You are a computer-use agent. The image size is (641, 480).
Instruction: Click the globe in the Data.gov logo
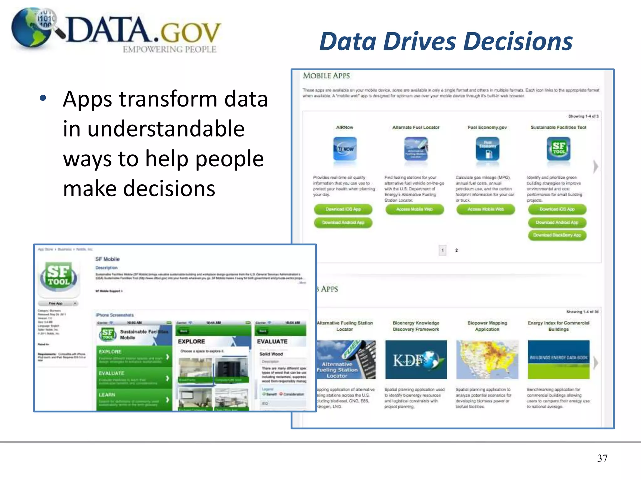[x=31, y=28]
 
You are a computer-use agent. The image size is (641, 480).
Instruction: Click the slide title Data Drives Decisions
[x=446, y=42]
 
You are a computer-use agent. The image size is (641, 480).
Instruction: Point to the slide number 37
[x=602, y=458]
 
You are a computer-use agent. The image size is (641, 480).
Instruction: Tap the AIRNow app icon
[x=345, y=149]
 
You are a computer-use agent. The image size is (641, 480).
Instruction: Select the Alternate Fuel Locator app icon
[x=416, y=149]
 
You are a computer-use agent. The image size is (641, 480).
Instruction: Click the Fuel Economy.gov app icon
[x=487, y=149]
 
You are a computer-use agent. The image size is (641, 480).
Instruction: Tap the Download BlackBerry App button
[x=557, y=235]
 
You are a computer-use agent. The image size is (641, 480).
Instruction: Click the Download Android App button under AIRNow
[x=343, y=222]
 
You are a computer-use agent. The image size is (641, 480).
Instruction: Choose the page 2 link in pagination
[x=456, y=250]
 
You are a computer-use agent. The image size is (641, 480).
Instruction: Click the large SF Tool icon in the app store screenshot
[x=59, y=277]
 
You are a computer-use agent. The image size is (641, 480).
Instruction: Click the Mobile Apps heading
[x=326, y=76]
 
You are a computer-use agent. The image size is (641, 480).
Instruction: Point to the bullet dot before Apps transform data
[x=43, y=98]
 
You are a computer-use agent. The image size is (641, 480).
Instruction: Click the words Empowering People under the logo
[x=169, y=50]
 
